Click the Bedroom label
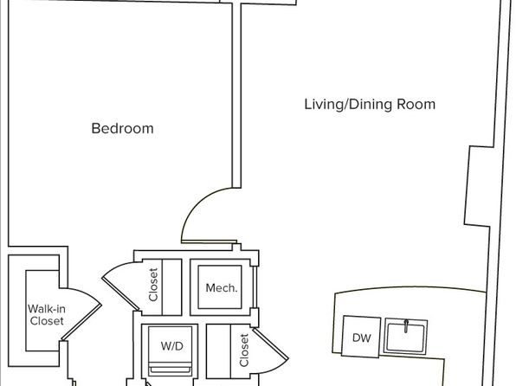point(122,128)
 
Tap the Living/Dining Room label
point(370,105)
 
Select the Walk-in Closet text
point(46,315)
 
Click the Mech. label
point(221,288)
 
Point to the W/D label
point(171,346)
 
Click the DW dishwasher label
point(361,338)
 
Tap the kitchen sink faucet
point(406,325)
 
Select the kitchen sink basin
point(405,337)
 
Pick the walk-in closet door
point(81,323)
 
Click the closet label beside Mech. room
point(153,285)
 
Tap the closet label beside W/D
point(244,351)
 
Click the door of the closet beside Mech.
point(119,293)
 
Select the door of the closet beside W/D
point(270,343)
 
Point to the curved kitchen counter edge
point(410,288)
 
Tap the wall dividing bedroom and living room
point(236,96)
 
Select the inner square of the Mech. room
point(220,287)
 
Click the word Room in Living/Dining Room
point(416,105)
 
